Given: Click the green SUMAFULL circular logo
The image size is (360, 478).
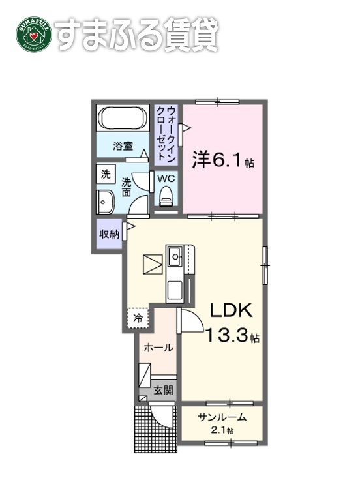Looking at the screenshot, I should [x=31, y=33].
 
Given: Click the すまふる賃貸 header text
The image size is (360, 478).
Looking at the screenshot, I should [x=135, y=33].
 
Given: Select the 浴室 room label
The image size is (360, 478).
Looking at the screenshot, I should [x=121, y=147].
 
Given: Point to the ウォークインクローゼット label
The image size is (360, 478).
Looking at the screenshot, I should [x=166, y=134].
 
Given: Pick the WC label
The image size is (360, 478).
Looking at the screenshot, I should [x=166, y=177].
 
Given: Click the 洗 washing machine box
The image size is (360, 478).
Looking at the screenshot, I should [x=105, y=174].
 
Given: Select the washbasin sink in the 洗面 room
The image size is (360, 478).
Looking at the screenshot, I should [x=104, y=203].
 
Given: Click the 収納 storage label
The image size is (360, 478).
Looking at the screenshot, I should [x=108, y=234].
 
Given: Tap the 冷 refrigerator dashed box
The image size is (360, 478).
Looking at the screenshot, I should [x=138, y=318].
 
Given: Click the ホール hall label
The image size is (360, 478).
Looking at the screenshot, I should [x=159, y=348].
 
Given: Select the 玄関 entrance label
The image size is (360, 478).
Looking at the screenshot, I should [x=163, y=391].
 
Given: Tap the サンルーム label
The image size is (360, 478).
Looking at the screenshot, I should [x=222, y=419].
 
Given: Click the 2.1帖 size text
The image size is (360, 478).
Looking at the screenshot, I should [x=222, y=431].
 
